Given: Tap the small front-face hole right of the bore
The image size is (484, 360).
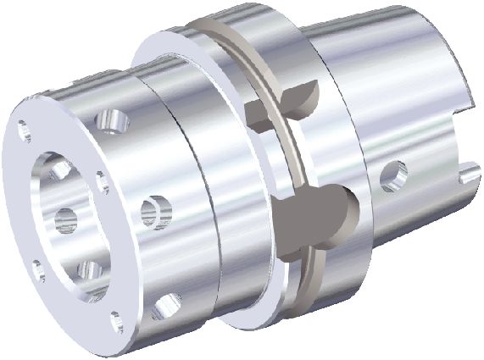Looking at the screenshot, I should tap(102, 180).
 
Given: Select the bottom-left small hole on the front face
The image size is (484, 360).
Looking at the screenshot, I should tap(37, 270).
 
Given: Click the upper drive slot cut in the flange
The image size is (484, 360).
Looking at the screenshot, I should tap(284, 100).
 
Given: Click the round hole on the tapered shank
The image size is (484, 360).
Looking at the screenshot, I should tap(392, 174).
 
